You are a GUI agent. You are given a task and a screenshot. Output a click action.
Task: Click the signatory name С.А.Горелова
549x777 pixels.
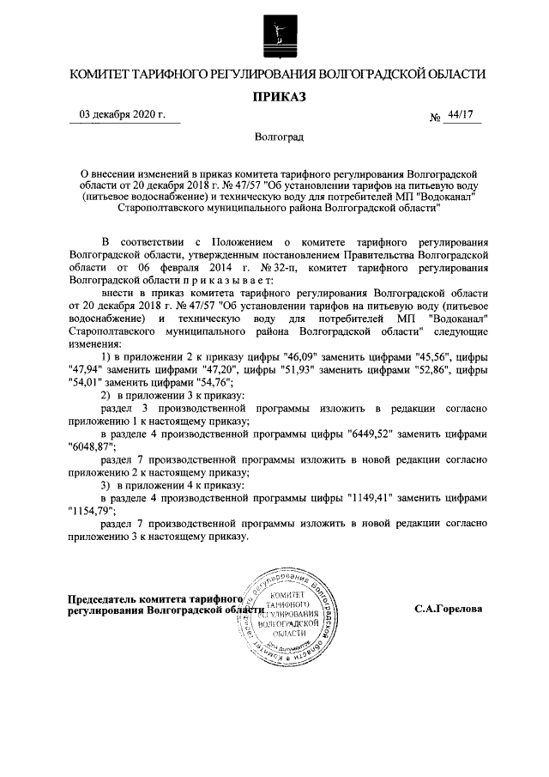pos(448,609)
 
